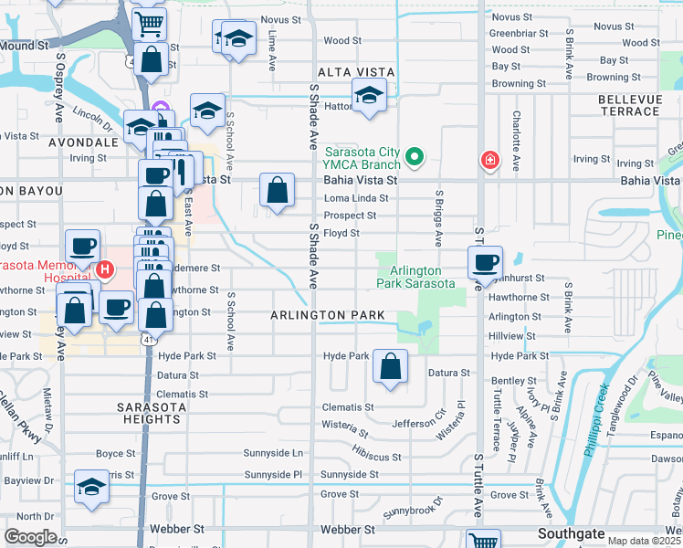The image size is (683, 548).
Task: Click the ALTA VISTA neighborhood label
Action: coord(355,72)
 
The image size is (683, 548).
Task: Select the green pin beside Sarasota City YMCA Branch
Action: coord(414,157)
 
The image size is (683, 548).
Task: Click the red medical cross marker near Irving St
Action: coord(490,161)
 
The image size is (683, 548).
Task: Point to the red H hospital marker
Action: coord(105,270)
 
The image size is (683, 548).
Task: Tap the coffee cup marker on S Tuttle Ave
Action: coord(484,263)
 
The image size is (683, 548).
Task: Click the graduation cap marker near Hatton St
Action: coord(369,95)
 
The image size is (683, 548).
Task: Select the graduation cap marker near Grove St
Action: coord(91,487)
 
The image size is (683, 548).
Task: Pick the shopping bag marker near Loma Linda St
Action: coord(277,190)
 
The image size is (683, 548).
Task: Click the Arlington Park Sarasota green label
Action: coord(415,277)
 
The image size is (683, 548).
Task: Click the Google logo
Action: coord(30,536)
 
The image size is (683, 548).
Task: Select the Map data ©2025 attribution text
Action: coord(644,541)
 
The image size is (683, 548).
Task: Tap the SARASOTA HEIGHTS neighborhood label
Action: coord(148,412)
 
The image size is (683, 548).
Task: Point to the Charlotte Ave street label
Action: coord(517,141)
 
